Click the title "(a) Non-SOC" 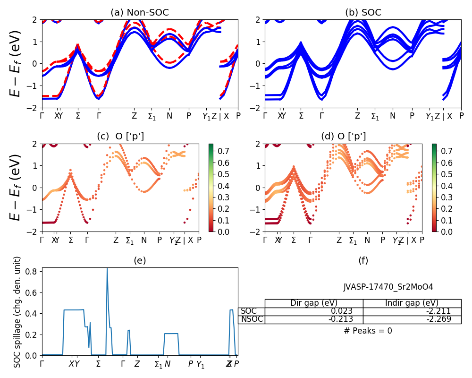[140, 13]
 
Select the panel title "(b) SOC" [363, 13]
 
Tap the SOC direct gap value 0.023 [349, 311]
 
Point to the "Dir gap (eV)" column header [313, 303]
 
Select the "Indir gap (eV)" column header [412, 303]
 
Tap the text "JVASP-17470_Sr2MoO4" [388, 287]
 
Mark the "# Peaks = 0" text [368, 331]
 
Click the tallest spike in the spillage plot [107, 268]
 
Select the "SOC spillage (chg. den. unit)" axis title [17, 312]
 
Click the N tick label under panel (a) [169, 116]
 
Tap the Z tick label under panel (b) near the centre [357, 116]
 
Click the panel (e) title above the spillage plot [140, 260]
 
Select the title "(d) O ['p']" [343, 137]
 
